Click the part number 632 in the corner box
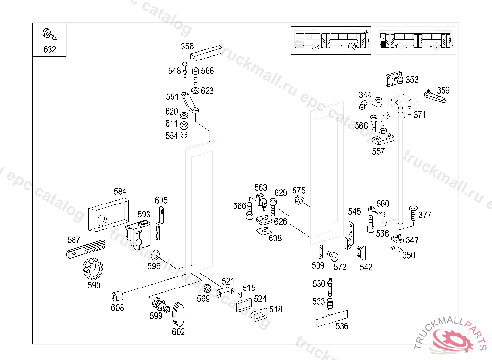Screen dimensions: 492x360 [49, 49]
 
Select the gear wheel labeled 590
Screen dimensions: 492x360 [93, 269]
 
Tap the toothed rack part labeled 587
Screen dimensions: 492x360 [86, 249]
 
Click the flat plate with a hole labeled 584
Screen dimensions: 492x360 [109, 215]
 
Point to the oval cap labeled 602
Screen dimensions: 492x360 [179, 315]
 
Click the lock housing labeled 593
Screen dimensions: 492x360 [138, 235]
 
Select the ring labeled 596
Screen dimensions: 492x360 [155, 254]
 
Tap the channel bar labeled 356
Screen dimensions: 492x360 [207, 52]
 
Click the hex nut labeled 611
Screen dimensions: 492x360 [184, 125]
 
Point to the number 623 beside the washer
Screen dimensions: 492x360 [207, 91]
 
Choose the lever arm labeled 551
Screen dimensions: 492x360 [189, 103]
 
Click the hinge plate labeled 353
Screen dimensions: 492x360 [394, 79]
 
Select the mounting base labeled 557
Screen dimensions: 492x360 [383, 136]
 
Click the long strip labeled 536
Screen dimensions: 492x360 [332, 319]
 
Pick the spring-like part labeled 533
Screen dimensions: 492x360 [330, 304]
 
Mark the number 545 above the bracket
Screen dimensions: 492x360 [354, 212]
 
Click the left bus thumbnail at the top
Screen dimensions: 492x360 [331, 40]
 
